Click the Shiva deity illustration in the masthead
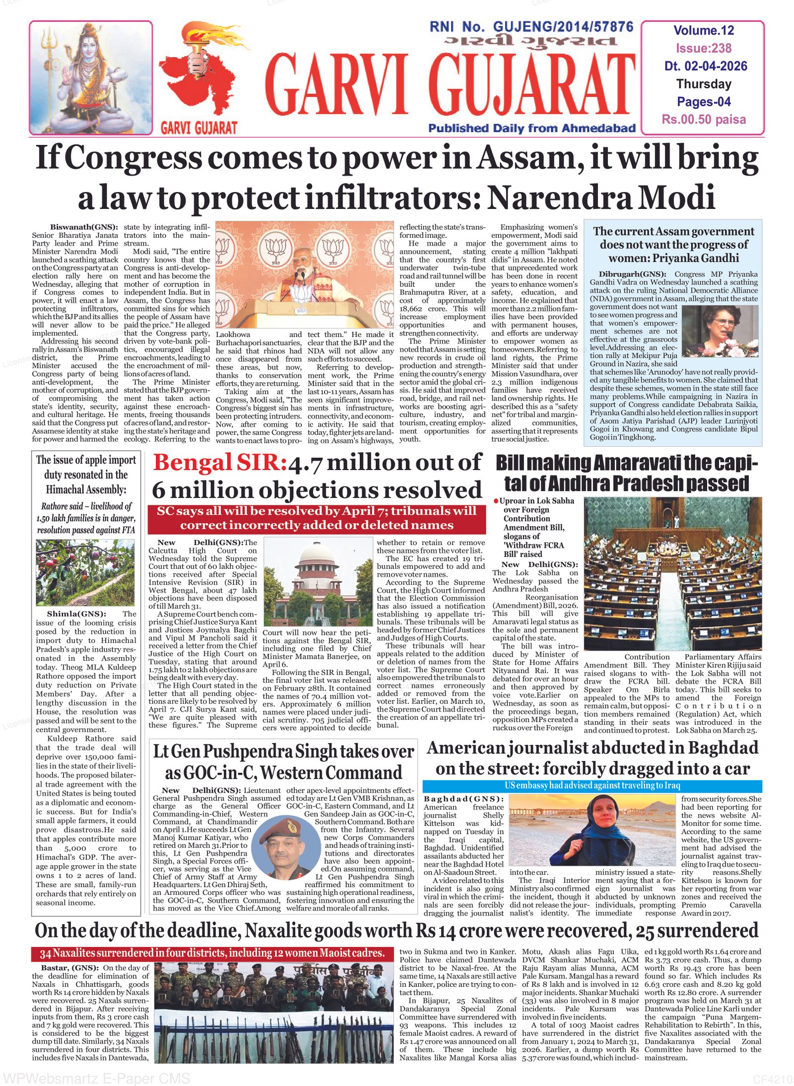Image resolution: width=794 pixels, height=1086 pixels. pyautogui.click(x=91, y=78)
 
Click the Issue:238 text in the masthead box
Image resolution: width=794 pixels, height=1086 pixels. pyautogui.click(x=703, y=48)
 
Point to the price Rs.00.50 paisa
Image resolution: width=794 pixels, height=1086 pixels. pyautogui.click(x=703, y=120)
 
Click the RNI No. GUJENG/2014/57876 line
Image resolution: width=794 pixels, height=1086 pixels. pyautogui.click(x=531, y=27)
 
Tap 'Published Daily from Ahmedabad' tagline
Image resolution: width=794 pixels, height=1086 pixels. pyautogui.click(x=531, y=128)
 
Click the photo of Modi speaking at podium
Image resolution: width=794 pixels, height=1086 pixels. pyautogui.click(x=305, y=274)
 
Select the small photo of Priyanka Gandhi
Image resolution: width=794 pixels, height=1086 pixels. pyautogui.click(x=720, y=331)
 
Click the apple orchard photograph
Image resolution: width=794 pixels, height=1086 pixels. pyautogui.click(x=85, y=572)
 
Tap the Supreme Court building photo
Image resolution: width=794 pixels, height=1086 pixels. pyautogui.click(x=318, y=583)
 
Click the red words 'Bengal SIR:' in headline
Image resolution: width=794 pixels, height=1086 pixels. pyautogui.click(x=220, y=463)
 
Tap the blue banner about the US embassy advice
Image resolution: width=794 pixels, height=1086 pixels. pyautogui.click(x=592, y=786)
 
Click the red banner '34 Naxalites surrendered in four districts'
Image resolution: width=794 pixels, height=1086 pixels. pyautogui.click(x=212, y=953)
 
